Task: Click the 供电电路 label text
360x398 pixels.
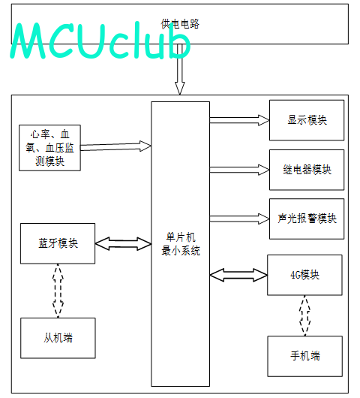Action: pos(180,24)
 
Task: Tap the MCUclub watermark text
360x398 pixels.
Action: pos(100,41)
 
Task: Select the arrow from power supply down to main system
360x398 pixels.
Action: pos(180,69)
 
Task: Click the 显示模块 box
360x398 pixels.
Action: pos(307,120)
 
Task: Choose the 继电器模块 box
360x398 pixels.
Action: pos(307,170)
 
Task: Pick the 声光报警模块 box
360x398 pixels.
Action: pos(307,219)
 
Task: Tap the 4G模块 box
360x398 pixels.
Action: pos(304,275)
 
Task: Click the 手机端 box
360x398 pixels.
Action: pos(305,356)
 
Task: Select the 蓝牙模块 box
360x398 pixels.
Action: pos(58,243)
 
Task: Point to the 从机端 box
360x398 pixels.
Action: pos(58,338)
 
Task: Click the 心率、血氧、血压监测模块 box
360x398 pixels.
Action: pos(49,148)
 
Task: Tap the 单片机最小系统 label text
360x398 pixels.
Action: pos(181,244)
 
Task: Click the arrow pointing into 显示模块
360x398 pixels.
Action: pos(239,120)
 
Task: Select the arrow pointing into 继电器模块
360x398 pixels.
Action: pos(239,170)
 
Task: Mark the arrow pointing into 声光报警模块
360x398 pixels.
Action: pos(239,219)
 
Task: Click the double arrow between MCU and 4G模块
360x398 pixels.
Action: pos(238,275)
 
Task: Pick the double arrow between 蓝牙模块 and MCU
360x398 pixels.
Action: pos(123,243)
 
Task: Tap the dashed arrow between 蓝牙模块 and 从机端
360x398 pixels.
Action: pos(58,291)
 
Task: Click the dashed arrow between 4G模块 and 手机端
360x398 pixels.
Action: pos(304,315)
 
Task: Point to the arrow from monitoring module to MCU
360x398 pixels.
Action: pos(115,146)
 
